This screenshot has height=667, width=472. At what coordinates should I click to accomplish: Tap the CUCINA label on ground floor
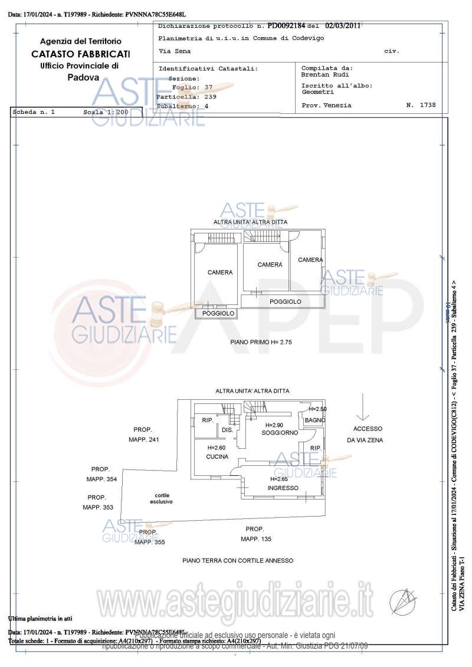[217, 457]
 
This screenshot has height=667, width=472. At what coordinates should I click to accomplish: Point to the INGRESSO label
[283, 488]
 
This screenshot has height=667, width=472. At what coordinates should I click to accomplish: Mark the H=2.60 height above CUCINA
[217, 448]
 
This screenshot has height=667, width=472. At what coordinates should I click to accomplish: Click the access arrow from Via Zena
[364, 407]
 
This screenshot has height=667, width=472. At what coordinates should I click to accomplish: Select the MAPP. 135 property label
[256, 539]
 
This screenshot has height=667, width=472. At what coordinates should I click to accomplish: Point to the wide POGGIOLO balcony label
[286, 301]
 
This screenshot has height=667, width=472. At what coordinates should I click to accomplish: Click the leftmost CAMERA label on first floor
[220, 272]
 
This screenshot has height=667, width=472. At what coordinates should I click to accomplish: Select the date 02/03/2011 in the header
[343, 26]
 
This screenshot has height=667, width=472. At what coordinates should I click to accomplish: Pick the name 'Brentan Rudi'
[325, 75]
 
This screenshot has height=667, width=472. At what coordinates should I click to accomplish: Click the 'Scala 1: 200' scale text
[106, 111]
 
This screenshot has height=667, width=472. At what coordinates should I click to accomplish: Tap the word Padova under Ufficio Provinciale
[83, 77]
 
